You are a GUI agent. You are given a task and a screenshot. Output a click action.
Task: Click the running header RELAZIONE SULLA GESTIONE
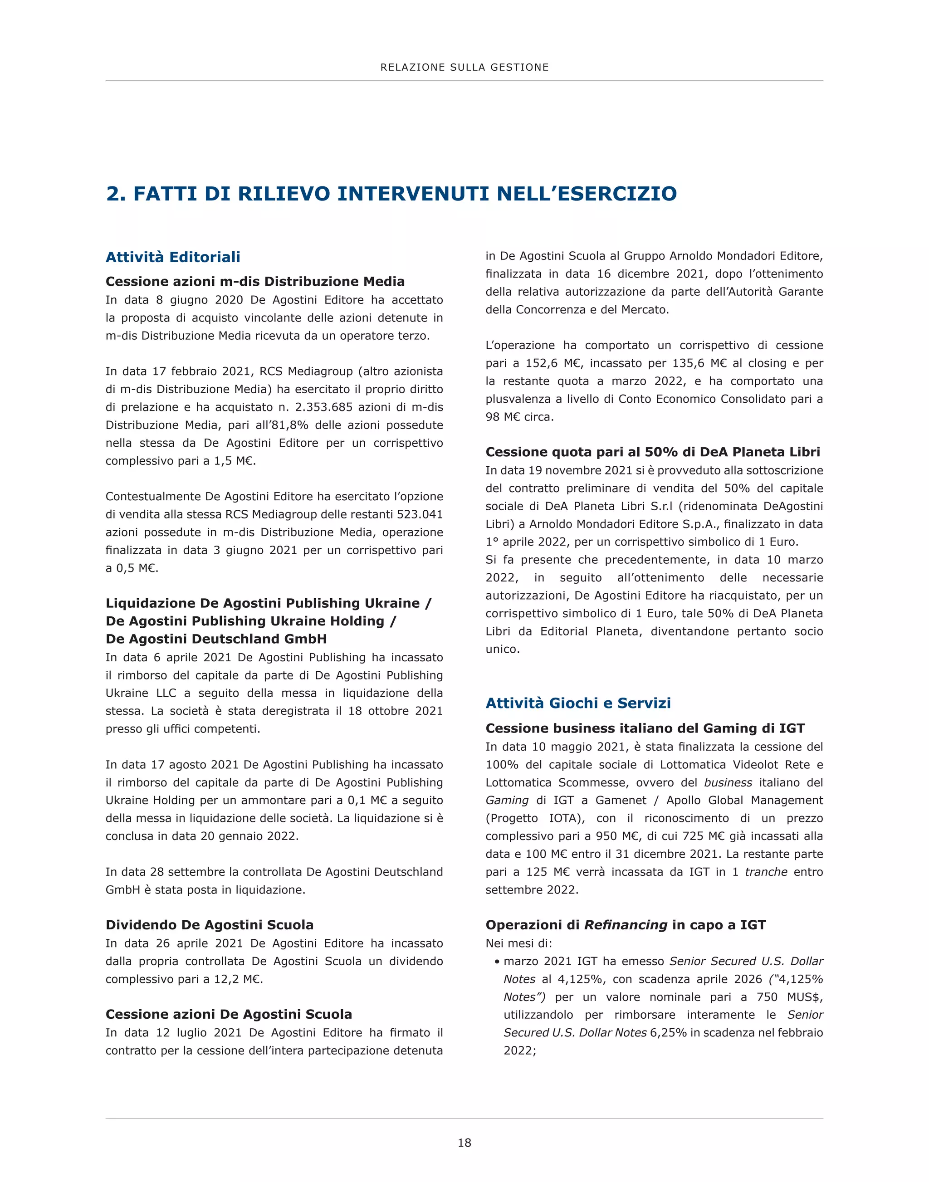pyautogui.click(x=464, y=68)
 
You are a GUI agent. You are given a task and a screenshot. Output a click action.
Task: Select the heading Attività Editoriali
pyautogui.click(x=173, y=257)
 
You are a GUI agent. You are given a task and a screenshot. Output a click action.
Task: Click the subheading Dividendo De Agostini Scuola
pyautogui.click(x=210, y=925)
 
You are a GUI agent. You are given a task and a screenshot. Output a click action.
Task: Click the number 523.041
pyautogui.click(x=419, y=515)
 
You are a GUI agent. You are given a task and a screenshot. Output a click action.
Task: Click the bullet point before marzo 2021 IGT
pyautogui.click(x=497, y=962)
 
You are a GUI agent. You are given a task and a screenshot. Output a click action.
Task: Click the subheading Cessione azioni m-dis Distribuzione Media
pyautogui.click(x=255, y=282)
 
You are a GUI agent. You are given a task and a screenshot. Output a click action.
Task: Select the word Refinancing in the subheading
pyautogui.click(x=626, y=925)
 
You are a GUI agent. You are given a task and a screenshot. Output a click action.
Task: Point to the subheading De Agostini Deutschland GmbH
pyautogui.click(x=216, y=639)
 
